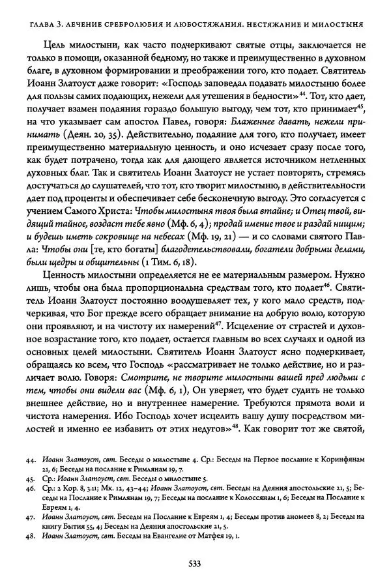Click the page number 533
[x=194, y=564]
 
